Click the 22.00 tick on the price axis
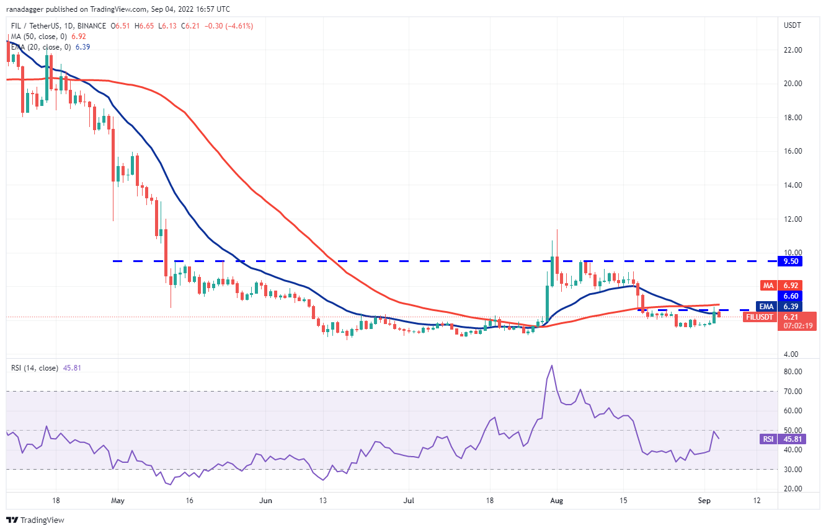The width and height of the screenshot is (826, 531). pyautogui.click(x=794, y=50)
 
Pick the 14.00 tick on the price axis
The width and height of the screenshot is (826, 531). pyautogui.click(x=794, y=185)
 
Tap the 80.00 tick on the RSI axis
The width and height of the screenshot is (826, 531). pyautogui.click(x=794, y=372)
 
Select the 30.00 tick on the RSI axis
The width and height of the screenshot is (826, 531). pyautogui.click(x=794, y=470)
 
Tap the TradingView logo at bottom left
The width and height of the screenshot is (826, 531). pyautogui.click(x=35, y=520)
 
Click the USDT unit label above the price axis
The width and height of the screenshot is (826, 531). pyautogui.click(x=793, y=25)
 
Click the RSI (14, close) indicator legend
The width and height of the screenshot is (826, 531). pyautogui.click(x=35, y=367)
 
